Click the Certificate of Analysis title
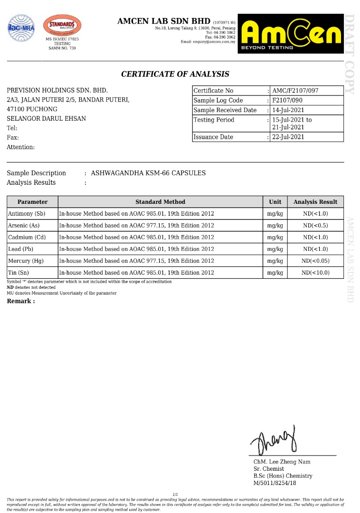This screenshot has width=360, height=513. pos(175,74)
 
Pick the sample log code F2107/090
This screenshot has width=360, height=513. pos(287,100)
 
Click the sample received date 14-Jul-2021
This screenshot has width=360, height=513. pos(288,110)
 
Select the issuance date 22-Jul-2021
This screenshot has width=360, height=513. pos(288,137)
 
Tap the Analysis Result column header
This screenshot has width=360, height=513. pos(315,202)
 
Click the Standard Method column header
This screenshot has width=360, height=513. pos(161,202)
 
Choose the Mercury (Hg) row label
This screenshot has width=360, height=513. pos(26,261)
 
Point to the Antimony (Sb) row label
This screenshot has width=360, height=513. pos(27,214)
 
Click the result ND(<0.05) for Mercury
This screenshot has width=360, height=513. pos(315,261)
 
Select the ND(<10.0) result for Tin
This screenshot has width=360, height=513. pos(315,273)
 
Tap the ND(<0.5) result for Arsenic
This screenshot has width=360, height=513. pos(315,226)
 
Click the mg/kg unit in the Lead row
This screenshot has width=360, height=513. pos(275,249)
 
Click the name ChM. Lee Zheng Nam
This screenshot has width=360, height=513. pos(282,462)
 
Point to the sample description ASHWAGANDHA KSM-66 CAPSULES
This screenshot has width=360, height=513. pos(148,173)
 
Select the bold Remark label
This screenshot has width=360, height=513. pos(20,301)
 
